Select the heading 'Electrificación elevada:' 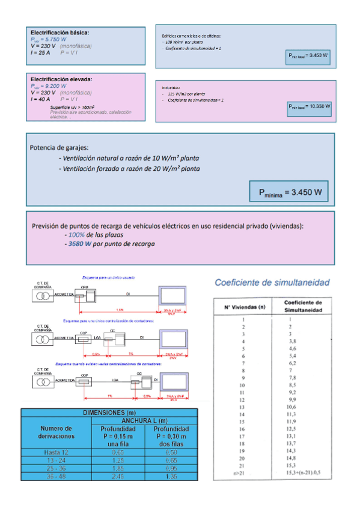(x=61, y=79)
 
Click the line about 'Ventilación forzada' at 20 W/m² (x=130, y=169)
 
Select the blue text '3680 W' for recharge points (x=79, y=244)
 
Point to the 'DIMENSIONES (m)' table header (x=109, y=412)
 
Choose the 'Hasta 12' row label (x=56, y=451)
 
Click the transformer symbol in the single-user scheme (x=42, y=295)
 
